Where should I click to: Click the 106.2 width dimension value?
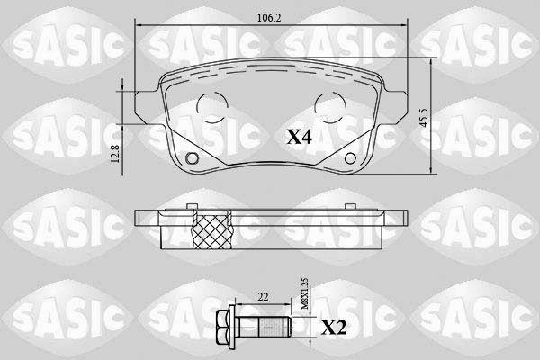pos(269,18)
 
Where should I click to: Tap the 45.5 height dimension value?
pos(424,118)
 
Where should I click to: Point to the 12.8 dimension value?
pos(115,154)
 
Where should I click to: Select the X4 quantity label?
pos(300,138)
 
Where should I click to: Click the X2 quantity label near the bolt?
pos(333,328)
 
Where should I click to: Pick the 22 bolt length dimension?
pos(263,297)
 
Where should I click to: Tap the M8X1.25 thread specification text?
pos(305,294)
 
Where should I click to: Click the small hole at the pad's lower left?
pos(192,158)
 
